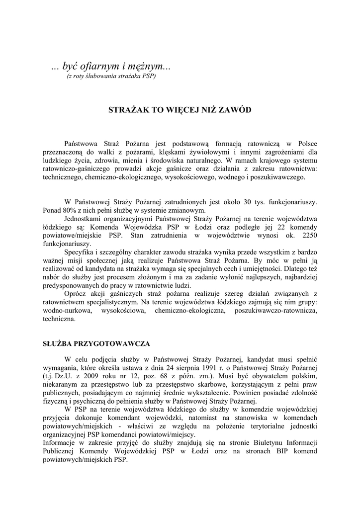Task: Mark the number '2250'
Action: coord(308,235)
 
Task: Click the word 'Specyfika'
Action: coord(80,252)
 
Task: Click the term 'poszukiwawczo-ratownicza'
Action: coord(275,311)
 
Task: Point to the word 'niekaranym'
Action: coord(61,383)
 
